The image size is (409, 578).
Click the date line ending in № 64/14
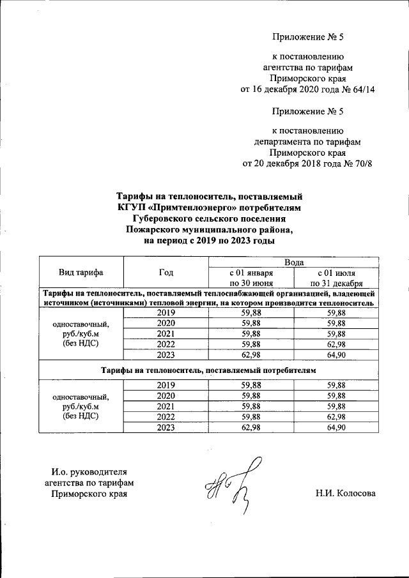(307, 89)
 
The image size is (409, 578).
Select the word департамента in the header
(281, 141)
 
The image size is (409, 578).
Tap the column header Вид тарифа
(81, 273)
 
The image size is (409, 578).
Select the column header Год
(166, 273)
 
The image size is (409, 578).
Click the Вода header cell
(293, 262)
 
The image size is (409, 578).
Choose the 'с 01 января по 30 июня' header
(251, 278)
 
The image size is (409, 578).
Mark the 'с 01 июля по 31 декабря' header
(336, 278)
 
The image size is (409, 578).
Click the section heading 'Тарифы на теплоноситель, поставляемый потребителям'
(208, 370)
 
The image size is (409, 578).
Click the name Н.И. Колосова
(345, 494)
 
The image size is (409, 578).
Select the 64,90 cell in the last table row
(336, 427)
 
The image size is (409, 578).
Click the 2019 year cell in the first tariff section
(166, 313)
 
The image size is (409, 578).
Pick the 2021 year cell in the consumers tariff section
(166, 406)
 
